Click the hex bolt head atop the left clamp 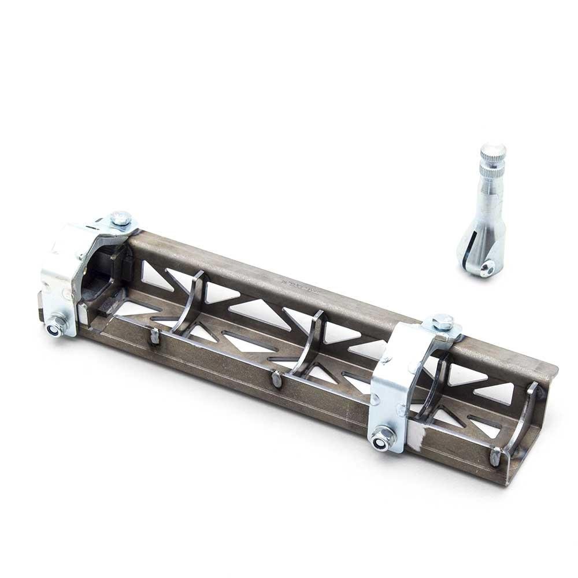pyautogui.click(x=121, y=218)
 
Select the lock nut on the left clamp pyautogui.click(x=57, y=327)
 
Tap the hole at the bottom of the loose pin pyautogui.click(x=488, y=267)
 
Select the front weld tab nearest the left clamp pyautogui.click(x=154, y=337)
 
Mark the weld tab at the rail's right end pyautogui.click(x=495, y=457)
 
